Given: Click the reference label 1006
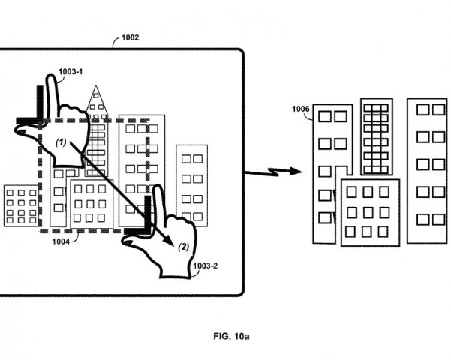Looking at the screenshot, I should tap(302, 109).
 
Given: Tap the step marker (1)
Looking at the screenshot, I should tap(62, 142).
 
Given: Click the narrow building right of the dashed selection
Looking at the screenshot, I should tap(191, 183).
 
